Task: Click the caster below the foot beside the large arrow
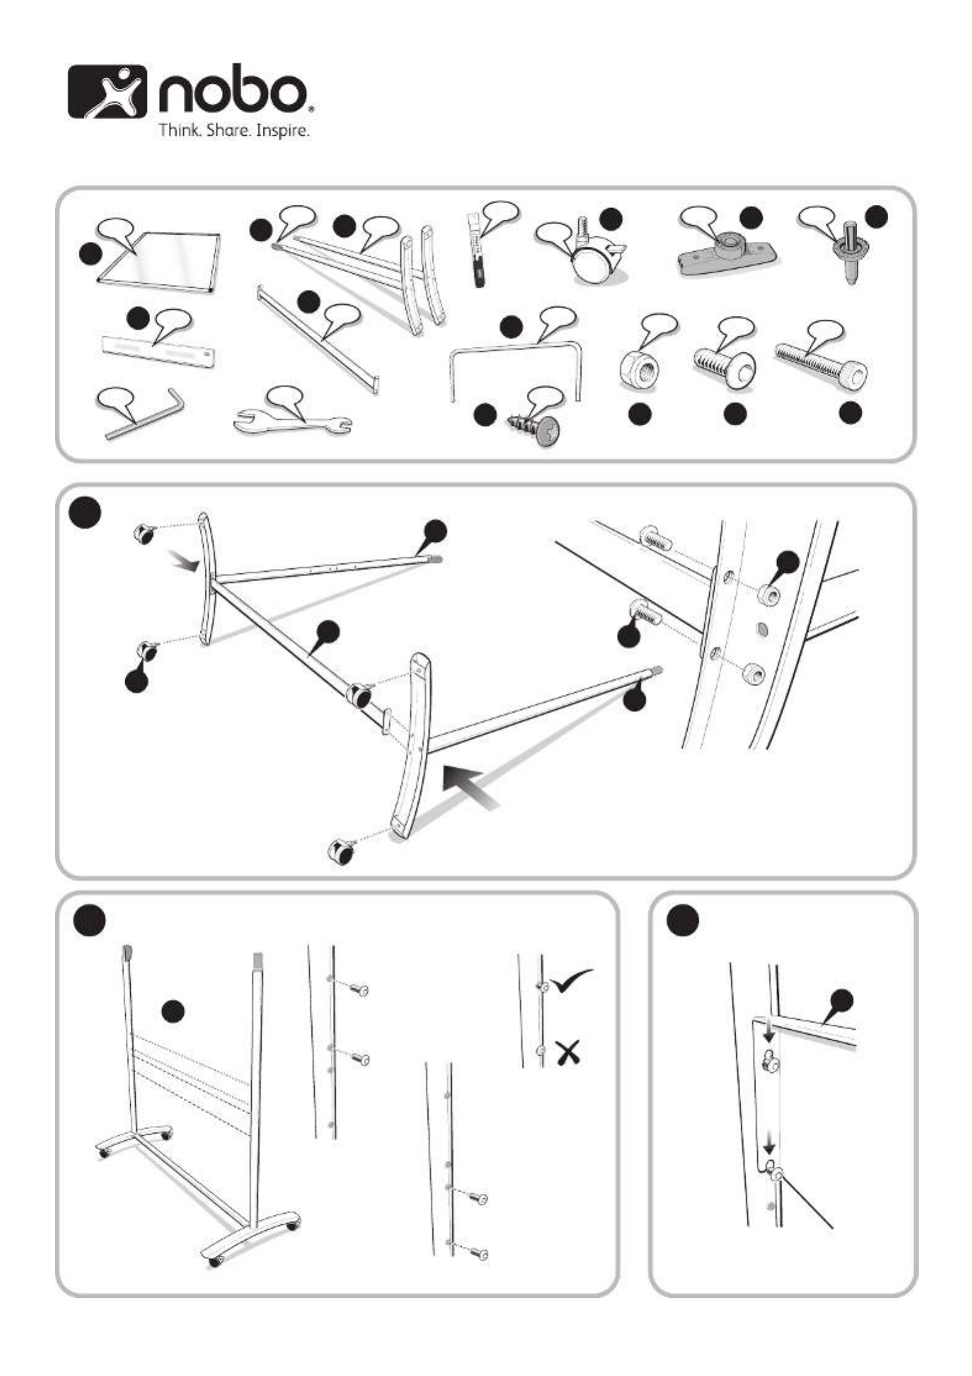(x=340, y=852)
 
